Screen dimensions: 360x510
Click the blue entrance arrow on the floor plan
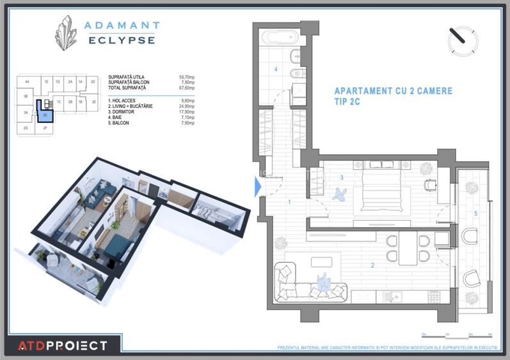(258, 186)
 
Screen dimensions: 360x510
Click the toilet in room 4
(295, 56)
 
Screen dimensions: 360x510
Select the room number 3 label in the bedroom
(342, 177)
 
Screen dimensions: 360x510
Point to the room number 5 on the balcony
(475, 213)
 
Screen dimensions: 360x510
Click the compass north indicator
(463, 39)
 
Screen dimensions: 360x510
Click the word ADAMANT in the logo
(122, 26)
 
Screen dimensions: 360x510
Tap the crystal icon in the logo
(65, 33)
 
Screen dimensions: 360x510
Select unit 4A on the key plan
(27, 82)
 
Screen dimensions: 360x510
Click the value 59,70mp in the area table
(186, 77)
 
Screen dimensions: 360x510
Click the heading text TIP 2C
(352, 102)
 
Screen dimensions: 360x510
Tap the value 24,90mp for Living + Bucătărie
(187, 106)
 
